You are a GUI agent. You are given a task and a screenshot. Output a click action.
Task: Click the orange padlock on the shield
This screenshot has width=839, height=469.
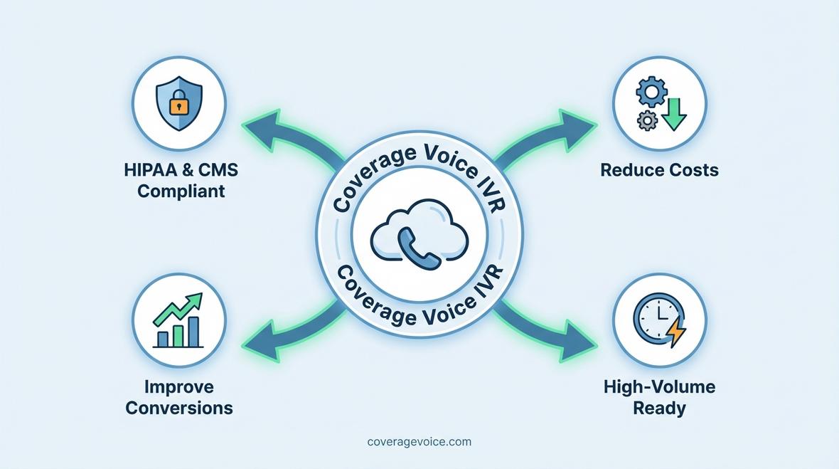pyautogui.click(x=178, y=106)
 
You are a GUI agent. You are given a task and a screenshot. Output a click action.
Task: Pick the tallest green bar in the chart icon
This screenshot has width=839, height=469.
pyautogui.click(x=193, y=331)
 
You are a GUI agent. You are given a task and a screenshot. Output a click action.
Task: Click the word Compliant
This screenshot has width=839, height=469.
pyautogui.click(x=181, y=191)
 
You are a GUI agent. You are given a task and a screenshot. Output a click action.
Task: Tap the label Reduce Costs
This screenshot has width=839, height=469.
pyautogui.click(x=659, y=171)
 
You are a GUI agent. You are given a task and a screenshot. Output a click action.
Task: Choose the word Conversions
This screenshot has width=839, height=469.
pyautogui.click(x=178, y=408)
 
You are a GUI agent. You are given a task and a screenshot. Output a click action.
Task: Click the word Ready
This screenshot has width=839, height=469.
pyautogui.click(x=659, y=409)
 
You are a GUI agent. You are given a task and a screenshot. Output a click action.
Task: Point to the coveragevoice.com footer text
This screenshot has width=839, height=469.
pyautogui.click(x=419, y=442)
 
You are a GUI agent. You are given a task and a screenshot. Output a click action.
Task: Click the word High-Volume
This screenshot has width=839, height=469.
pyautogui.click(x=659, y=387)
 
